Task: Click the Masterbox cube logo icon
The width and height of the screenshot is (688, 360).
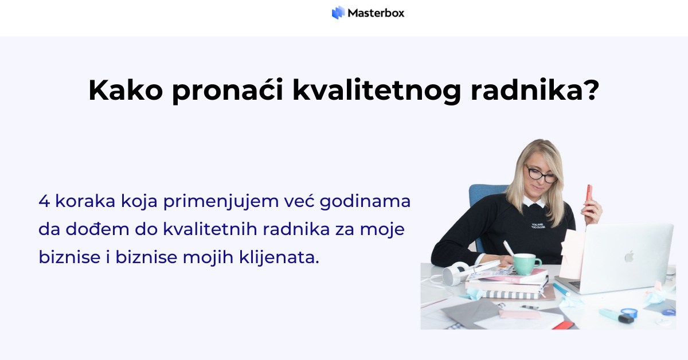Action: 338,13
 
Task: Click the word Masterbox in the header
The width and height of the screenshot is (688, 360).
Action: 376,13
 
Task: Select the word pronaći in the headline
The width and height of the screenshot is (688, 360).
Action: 228,91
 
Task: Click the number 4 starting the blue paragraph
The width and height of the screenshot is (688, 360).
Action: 44,202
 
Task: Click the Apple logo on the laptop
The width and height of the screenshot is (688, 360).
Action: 629,256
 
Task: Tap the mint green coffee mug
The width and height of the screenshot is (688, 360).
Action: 526,264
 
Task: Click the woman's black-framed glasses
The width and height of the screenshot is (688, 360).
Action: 541,174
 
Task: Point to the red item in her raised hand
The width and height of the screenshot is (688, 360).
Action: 588,193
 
